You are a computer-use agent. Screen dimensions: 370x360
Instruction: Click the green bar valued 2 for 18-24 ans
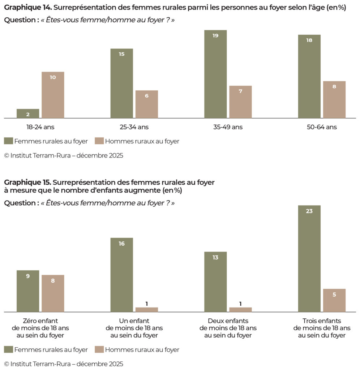point(28,113)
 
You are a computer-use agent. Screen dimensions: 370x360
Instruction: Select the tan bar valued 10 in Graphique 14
point(53,95)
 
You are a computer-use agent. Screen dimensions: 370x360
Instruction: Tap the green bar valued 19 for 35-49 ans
point(215,74)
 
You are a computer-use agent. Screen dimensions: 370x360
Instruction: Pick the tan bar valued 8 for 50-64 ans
point(334,100)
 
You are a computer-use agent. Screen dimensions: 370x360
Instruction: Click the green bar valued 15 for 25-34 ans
point(121,83)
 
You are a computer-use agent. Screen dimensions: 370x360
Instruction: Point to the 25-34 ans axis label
point(134,127)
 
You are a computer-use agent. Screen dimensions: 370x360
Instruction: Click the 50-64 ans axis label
point(322,127)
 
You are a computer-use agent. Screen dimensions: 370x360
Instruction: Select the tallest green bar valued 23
point(309,259)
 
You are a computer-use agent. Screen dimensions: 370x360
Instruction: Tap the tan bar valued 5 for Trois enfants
point(334,300)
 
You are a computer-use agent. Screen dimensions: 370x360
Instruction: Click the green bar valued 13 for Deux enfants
point(215,282)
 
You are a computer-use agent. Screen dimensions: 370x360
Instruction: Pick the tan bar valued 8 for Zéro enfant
point(53,293)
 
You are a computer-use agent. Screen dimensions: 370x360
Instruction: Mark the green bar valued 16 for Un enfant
point(121,275)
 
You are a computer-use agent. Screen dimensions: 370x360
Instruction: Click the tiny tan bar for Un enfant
point(146,310)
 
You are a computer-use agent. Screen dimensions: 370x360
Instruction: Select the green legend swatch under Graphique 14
point(8,141)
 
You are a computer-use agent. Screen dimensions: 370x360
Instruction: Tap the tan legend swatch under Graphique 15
point(99,349)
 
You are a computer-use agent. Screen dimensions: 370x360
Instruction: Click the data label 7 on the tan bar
point(240,91)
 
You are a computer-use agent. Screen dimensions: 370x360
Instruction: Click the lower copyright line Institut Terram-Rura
point(64,364)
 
